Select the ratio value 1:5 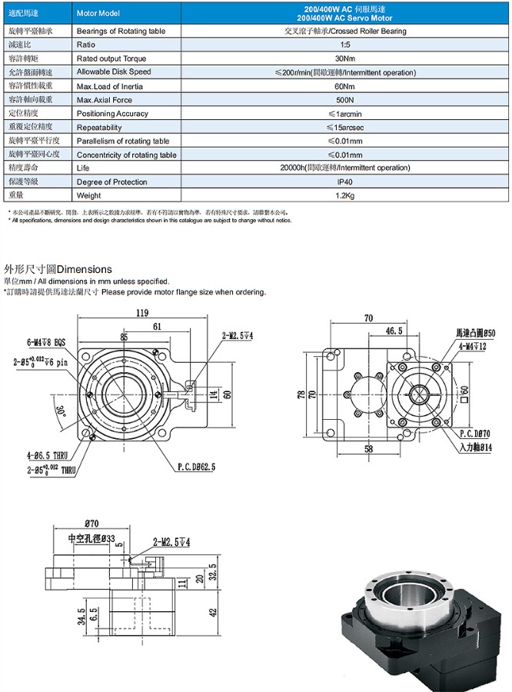point(340,45)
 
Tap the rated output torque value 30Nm point(340,58)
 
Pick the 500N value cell point(340,100)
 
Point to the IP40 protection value point(340,181)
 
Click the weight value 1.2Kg point(340,195)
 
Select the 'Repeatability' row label point(99,128)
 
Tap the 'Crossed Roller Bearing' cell point(340,32)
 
